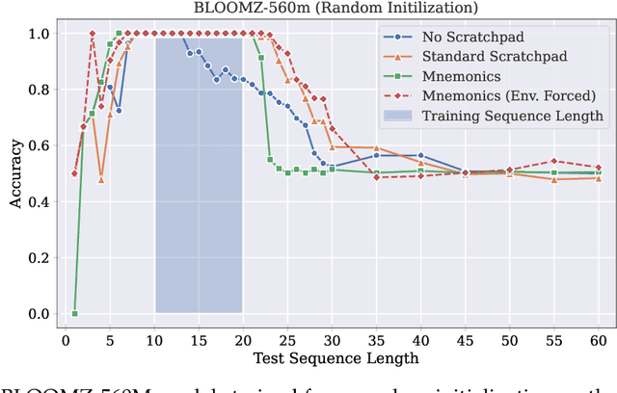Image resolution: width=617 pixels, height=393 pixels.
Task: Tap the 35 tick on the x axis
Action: click(x=376, y=340)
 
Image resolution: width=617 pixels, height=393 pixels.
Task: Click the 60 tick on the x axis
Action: click(x=598, y=340)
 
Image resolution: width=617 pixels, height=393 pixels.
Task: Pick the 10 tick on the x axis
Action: click(x=154, y=340)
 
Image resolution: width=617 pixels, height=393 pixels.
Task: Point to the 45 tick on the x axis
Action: click(x=465, y=340)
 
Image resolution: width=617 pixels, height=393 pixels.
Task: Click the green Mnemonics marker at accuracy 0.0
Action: click(x=74, y=313)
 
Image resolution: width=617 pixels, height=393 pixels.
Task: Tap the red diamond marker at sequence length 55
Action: click(x=553, y=161)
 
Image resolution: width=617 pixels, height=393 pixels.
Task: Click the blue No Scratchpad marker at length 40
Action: click(x=420, y=155)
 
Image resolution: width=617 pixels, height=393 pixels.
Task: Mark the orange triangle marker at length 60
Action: click(x=598, y=178)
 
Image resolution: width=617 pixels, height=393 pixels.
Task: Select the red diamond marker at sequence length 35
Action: click(x=376, y=177)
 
